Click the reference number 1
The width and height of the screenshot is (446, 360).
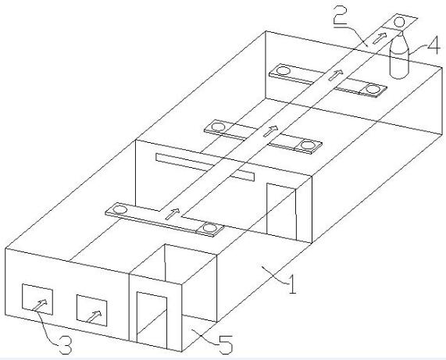pos(292,284)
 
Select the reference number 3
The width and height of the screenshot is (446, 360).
pos(65,344)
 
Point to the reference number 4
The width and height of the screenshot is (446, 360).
pos(434,45)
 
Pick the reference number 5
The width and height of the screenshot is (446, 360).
pos(226,344)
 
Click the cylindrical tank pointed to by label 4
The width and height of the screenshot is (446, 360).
pos(399,57)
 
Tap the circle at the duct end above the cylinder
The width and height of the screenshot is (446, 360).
pos(399,22)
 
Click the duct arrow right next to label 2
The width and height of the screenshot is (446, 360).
pos(380,38)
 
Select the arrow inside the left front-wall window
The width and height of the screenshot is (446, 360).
pos(40,305)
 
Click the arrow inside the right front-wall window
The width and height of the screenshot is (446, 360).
pos(94,316)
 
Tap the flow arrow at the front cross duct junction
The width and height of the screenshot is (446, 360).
pos(173,214)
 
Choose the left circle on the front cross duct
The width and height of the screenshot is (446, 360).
pos(120,209)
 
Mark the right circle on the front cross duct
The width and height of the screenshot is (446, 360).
pos(210,228)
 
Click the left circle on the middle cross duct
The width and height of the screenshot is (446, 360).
pos(218,127)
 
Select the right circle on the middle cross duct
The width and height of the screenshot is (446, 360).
pos(308,145)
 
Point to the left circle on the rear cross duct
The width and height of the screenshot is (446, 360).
pos(284,70)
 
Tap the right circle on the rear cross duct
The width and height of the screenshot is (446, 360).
pos(373,89)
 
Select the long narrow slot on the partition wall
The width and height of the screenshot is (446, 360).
pos(205,167)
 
